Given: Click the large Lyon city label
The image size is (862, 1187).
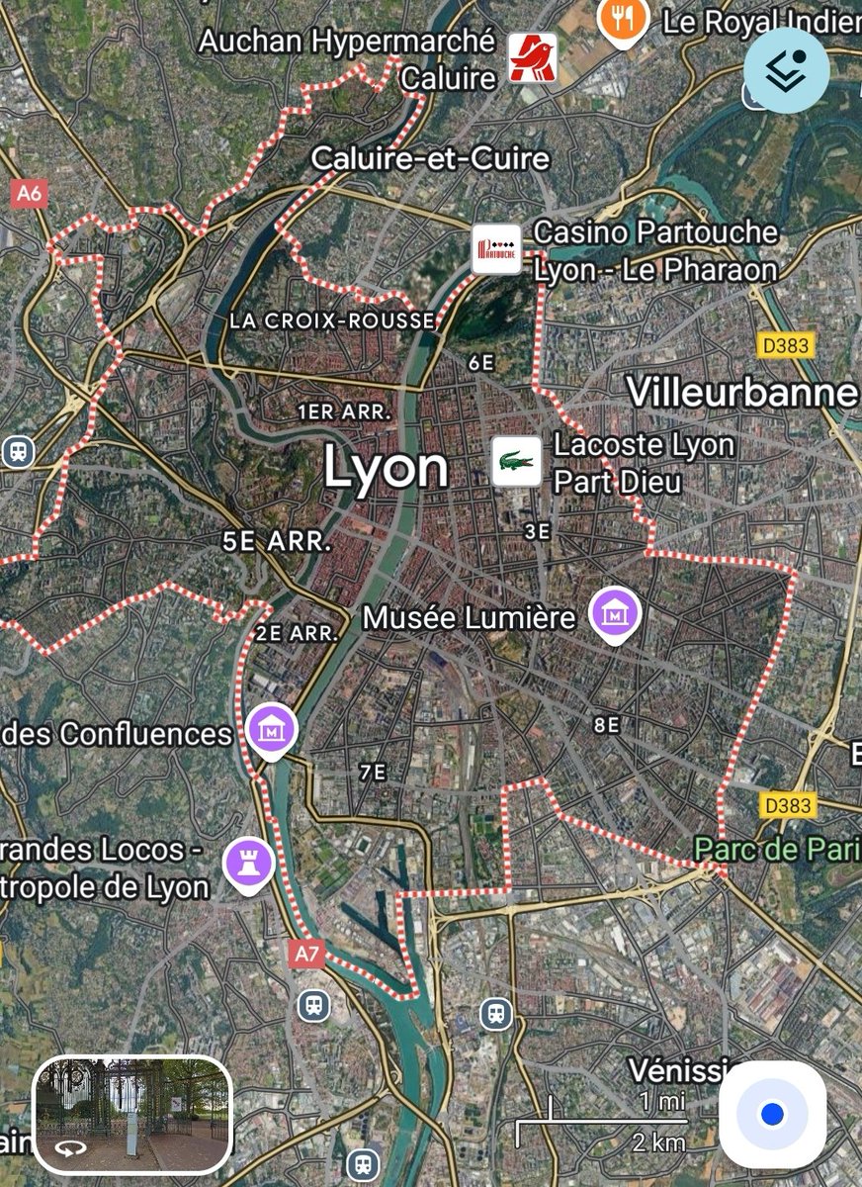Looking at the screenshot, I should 386,468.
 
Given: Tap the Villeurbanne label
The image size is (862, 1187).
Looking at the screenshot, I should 742,393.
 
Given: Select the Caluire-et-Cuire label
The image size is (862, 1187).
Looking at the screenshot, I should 430,158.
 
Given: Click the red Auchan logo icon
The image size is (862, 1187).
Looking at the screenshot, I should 533,57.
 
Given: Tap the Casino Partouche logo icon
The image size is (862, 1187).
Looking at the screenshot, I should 496,249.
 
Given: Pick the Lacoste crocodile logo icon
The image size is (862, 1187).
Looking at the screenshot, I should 517,461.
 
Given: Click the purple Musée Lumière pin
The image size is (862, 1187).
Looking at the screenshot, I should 616,614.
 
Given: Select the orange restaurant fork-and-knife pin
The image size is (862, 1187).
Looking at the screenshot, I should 624,18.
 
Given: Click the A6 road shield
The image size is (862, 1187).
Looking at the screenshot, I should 30,193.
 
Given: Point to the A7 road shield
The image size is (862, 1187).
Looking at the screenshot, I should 308,954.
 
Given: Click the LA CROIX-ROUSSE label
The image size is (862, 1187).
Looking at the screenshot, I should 332,320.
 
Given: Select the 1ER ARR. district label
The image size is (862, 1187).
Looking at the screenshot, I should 345,411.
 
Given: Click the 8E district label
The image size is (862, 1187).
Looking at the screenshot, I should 607,725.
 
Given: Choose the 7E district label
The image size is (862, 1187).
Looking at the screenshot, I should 373,773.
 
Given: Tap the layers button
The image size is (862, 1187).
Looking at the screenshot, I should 787,70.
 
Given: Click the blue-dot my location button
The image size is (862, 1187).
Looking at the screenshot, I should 773,1114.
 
